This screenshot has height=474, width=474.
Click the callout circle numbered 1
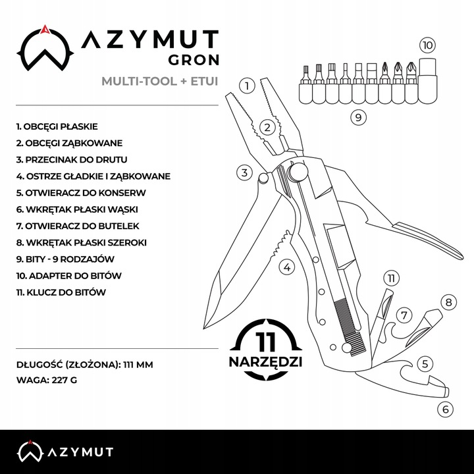pos(247,86)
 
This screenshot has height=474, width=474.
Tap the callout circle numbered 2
pos(266,128)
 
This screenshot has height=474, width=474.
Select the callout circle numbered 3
pos(244,173)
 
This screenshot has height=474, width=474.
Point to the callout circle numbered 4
pos(286,267)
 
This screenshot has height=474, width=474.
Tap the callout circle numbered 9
pos(358,118)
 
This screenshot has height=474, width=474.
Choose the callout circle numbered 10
pos(427,45)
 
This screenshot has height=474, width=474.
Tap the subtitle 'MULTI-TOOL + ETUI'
pos(159,82)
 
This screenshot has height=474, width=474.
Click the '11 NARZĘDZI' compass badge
pos(266,350)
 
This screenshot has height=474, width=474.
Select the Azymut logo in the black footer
pos(65,451)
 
